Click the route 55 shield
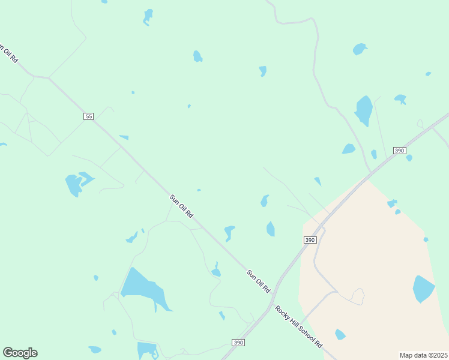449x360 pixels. click(x=89, y=116)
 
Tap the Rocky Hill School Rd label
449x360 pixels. click(x=300, y=326)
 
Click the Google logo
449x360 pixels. click(x=20, y=353)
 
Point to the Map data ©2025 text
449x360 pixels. click(x=423, y=355)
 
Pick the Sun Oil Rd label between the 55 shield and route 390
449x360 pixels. click(x=181, y=206)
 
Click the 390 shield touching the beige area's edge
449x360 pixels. click(x=310, y=239)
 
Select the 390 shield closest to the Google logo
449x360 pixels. click(x=238, y=342)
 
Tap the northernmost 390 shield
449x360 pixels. click(x=400, y=150)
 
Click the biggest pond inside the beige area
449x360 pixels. click(x=423, y=289)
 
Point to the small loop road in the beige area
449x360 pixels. click(x=358, y=296)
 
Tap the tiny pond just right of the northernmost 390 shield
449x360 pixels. click(x=409, y=158)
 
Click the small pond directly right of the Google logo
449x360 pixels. click(x=95, y=349)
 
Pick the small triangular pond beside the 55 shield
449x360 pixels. click(x=124, y=137)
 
